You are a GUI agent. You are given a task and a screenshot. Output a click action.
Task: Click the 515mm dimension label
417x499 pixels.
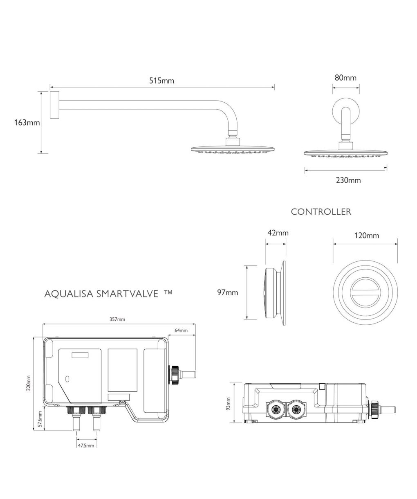point(161,81)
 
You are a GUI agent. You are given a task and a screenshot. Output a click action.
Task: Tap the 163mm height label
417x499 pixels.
point(27,123)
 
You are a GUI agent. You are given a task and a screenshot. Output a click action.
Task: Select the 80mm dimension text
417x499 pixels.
point(345,78)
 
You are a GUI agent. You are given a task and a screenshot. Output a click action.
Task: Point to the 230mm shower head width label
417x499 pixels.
point(348,180)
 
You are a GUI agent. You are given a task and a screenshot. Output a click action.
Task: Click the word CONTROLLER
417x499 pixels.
point(321,212)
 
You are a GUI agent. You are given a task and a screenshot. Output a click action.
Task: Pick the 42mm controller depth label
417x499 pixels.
point(278,233)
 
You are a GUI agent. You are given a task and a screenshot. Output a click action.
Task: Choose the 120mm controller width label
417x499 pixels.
point(366,236)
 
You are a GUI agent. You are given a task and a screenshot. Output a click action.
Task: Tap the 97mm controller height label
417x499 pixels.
point(228,292)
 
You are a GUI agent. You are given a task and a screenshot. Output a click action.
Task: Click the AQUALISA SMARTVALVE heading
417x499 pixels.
point(101,294)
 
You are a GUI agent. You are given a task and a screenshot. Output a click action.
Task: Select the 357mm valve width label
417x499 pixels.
point(117,319)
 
